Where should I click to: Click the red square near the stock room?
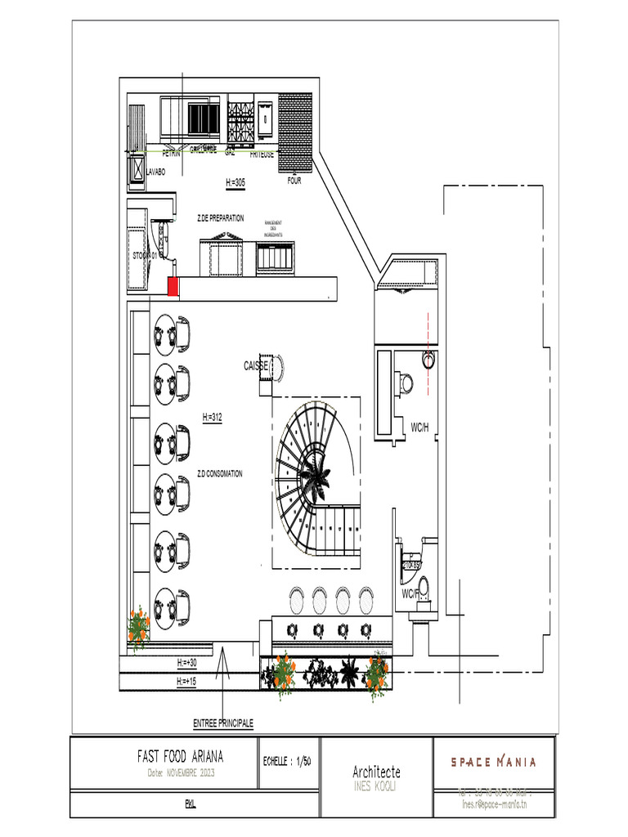tap(173, 286)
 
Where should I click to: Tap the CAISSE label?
tap(256, 366)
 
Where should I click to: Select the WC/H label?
tap(420, 427)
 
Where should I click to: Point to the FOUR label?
tap(294, 181)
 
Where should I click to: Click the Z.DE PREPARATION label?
tap(220, 218)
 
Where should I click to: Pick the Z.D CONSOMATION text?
tap(219, 474)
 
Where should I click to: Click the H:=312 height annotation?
tap(213, 418)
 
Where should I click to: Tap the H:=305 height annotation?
tap(235, 182)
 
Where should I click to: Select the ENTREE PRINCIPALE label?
tap(223, 724)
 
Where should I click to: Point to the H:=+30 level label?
tap(188, 662)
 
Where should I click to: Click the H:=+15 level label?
tap(188, 681)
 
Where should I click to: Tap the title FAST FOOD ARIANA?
tap(180, 757)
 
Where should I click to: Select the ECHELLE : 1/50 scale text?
tap(287, 761)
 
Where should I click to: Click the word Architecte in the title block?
tap(376, 772)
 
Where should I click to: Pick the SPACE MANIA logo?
tap(494, 762)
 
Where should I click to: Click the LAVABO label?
tap(155, 172)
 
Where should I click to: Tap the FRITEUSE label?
tap(262, 154)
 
